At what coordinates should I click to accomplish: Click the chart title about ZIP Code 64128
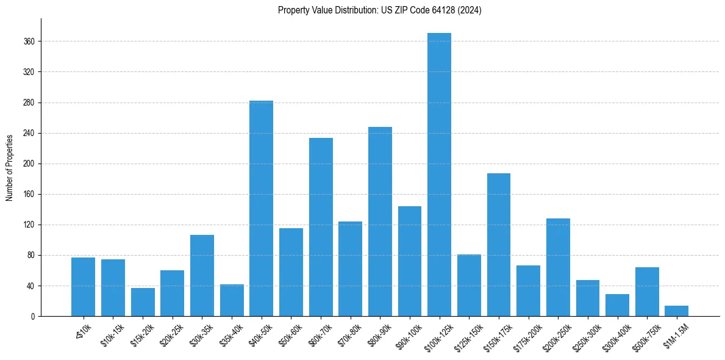click(x=379, y=10)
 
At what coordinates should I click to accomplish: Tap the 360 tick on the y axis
click(x=29, y=41)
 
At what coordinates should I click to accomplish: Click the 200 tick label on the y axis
click(x=29, y=164)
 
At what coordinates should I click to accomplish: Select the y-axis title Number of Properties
click(x=10, y=167)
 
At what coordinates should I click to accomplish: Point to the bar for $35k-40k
click(x=232, y=300)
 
